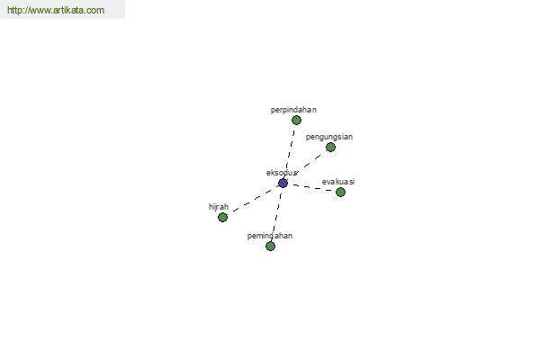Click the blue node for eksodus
[x=283, y=184]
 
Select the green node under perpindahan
[x=296, y=121]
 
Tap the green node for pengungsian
[x=330, y=148]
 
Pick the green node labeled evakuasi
[x=340, y=193]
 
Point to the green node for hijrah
[x=222, y=218]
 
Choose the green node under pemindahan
[x=270, y=246]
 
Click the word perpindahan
[x=293, y=110]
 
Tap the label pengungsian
[x=329, y=137]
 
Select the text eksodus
[x=282, y=173]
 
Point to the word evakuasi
[x=338, y=182]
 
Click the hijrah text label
[x=219, y=207]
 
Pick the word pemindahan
[x=270, y=236]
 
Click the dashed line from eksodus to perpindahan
[x=290, y=151]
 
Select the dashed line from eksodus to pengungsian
[x=308, y=165]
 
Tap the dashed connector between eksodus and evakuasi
[x=311, y=188]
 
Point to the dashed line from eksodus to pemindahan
[x=276, y=214]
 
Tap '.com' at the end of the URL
[x=97, y=10]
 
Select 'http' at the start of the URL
[x=13, y=10]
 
